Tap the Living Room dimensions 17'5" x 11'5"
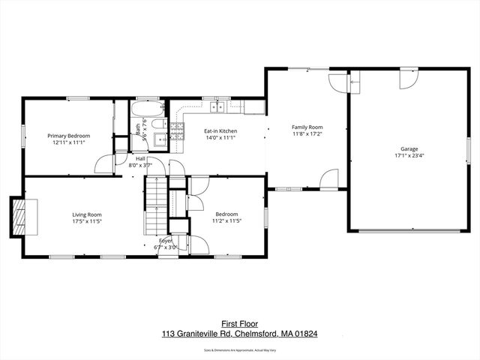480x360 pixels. [86, 221]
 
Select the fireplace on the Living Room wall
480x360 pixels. [20, 216]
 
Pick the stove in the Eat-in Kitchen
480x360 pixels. [178, 134]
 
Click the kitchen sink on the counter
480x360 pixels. [218, 107]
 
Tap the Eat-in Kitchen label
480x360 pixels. [220, 131]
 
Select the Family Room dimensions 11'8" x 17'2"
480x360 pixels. [307, 133]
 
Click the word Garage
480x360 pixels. [409, 149]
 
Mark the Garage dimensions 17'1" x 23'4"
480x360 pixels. [409, 156]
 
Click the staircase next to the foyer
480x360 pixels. [154, 203]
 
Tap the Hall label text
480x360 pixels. [140, 158]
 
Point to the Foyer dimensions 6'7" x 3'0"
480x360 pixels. [165, 247]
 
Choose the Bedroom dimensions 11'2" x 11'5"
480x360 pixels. [226, 221]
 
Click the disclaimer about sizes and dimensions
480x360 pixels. [240, 350]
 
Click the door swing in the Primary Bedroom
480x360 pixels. [105, 163]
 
